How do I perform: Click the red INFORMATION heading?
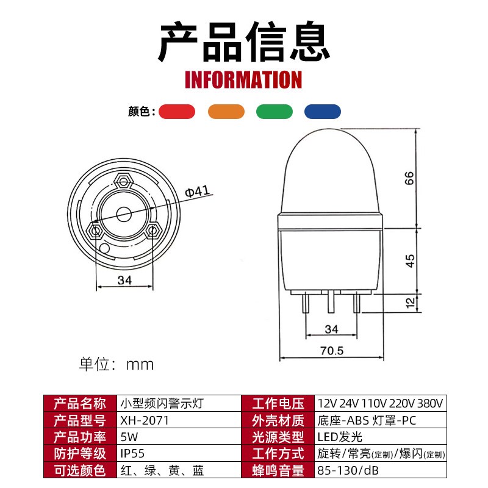coord(243,80)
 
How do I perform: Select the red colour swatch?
coord(177,112)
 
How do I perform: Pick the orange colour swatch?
coord(226,112)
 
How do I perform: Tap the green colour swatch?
coord(274,112)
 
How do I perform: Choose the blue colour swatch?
coord(323,112)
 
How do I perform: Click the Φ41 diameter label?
coord(197,192)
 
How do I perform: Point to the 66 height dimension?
coord(410,178)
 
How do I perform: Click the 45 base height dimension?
coord(410,260)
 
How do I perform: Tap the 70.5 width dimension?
coord(332,351)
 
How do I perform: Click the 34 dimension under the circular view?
coord(125,280)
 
